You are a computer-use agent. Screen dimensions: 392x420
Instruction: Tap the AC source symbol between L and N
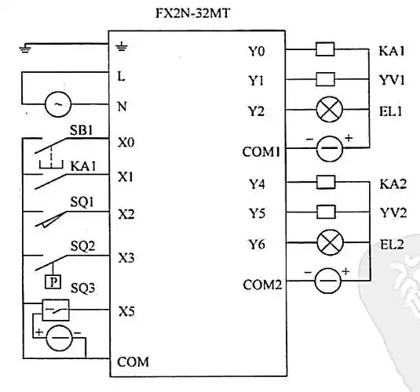[56, 103]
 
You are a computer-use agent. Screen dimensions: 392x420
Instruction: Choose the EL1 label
[390, 111]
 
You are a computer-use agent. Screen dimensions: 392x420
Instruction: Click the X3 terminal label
[126, 257]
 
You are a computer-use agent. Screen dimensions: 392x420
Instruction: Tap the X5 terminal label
[126, 311]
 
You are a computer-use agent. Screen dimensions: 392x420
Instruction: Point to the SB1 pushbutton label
[81, 130]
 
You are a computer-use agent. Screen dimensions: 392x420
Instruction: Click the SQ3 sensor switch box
[55, 310]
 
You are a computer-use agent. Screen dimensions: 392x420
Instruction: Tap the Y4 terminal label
[256, 185]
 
